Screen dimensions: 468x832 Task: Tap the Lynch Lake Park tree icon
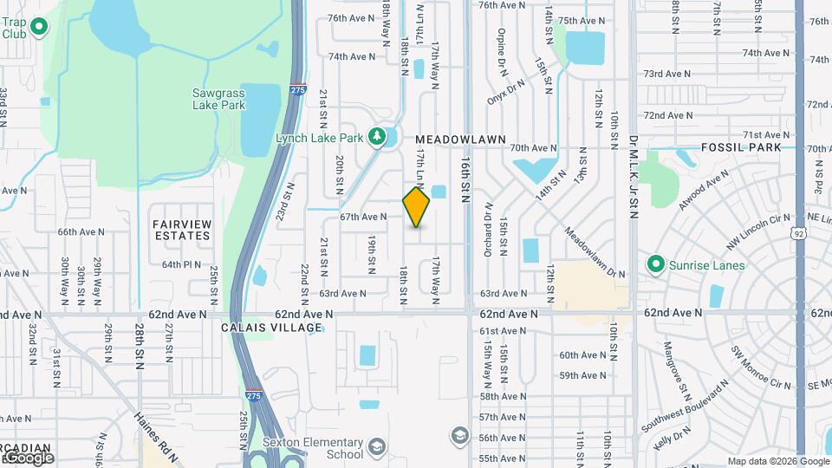(x=376, y=136)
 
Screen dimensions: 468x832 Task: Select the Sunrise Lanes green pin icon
(x=656, y=264)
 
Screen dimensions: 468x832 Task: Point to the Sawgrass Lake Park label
(x=219, y=99)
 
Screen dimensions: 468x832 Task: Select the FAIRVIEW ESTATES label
(x=182, y=229)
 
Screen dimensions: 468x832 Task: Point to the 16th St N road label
(x=466, y=179)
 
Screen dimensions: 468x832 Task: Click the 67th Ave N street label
(x=362, y=217)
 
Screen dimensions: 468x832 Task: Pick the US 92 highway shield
(x=798, y=232)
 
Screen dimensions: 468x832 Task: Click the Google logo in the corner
(x=29, y=457)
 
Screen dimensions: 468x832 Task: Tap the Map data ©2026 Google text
(x=777, y=461)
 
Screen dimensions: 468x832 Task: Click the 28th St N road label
(x=139, y=346)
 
